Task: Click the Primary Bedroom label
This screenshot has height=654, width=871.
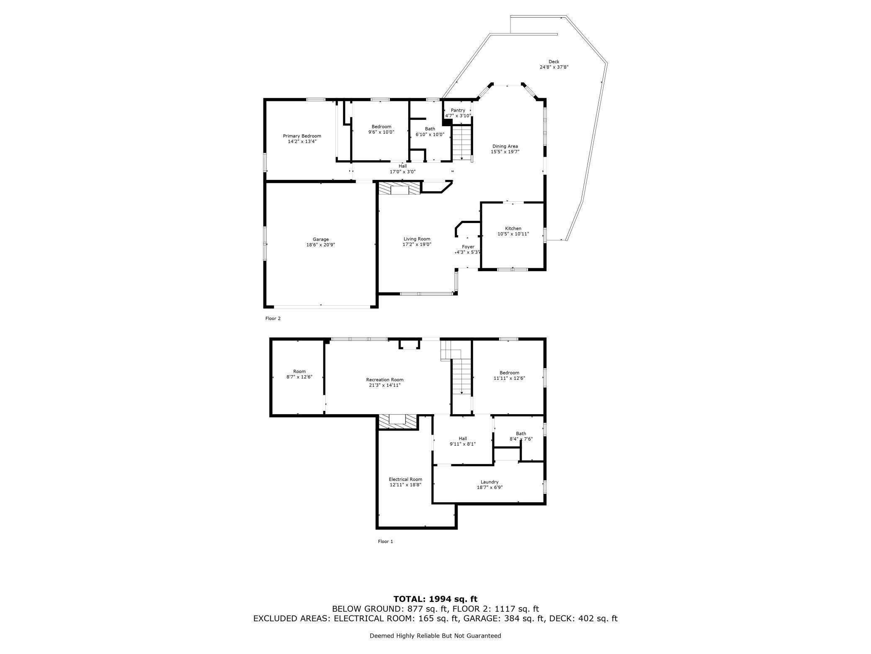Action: point(302,136)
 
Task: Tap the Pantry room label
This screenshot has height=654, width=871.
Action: point(458,110)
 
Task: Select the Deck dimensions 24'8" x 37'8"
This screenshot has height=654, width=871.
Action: point(554,67)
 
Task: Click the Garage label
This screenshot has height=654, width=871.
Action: point(321,239)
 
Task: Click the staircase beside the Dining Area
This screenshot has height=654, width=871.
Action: point(462,142)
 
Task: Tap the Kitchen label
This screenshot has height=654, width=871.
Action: point(513,228)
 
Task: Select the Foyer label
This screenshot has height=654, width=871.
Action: point(468,247)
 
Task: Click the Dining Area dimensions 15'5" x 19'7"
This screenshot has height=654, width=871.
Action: point(505,152)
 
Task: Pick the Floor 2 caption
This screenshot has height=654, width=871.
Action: point(273,319)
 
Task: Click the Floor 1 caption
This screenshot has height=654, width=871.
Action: point(385,542)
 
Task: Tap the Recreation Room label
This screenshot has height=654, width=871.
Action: point(384,380)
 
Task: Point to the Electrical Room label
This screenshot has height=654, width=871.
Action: point(405,479)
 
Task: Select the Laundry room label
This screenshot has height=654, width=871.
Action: point(490,482)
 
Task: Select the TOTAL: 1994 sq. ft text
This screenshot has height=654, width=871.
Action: point(435,599)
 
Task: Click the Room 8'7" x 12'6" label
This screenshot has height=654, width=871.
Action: point(299,371)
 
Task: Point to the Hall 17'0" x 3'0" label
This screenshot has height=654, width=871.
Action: point(402,166)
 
